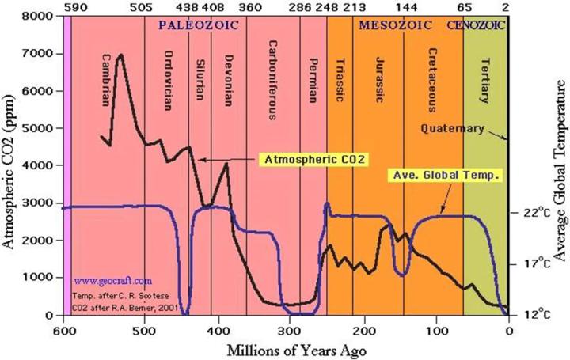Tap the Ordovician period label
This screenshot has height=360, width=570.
point(168,81)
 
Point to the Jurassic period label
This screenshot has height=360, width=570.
point(378,79)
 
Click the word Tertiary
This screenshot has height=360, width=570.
point(484,78)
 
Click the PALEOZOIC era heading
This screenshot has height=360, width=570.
point(192,25)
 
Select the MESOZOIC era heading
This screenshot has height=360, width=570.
point(395,25)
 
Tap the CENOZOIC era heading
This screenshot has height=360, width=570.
point(477,25)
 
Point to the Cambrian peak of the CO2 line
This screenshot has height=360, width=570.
point(120,55)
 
